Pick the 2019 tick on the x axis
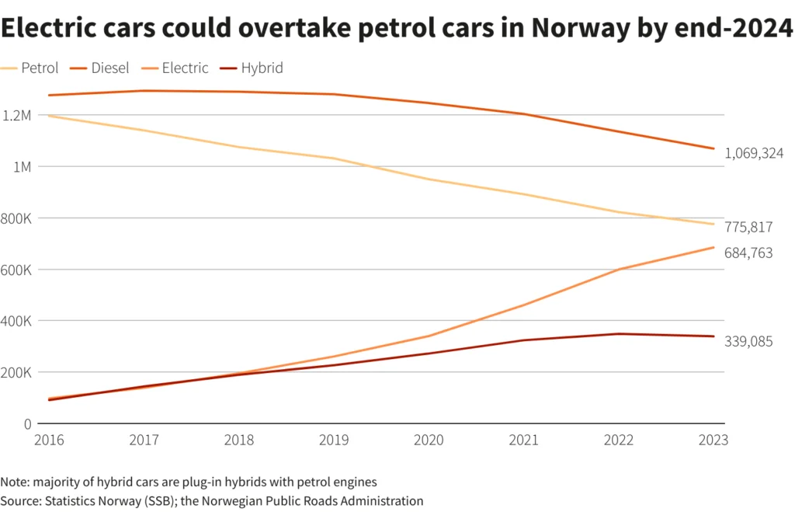[333, 440]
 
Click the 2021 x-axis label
[523, 440]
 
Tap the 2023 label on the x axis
[713, 440]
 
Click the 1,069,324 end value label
[754, 154]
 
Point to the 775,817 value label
[748, 227]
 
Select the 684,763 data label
[748, 253]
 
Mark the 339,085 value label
[748, 342]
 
